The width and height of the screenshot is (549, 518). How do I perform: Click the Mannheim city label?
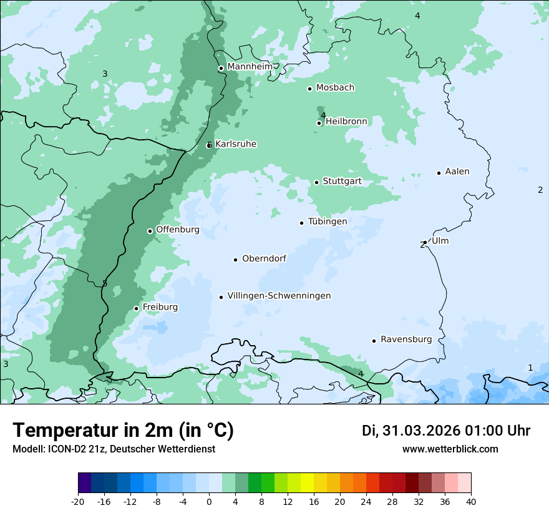pos(250,67)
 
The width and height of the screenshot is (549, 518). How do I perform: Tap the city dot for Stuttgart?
pos(316,182)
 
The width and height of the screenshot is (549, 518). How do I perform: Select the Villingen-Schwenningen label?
pos(279,296)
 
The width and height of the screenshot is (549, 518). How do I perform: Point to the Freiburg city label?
pos(160,307)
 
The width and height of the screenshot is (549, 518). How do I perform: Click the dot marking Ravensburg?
pos(374,341)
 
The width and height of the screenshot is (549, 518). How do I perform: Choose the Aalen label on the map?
pos(457,172)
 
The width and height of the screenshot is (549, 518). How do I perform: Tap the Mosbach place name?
pos(335,88)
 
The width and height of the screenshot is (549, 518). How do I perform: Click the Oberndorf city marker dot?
pos(235,260)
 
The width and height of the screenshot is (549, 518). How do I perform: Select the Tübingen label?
pos(328,222)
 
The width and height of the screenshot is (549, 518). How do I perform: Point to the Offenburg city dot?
pos(150,231)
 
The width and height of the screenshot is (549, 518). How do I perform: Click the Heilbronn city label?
pos(346,122)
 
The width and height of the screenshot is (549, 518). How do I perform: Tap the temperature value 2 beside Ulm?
pos(422,245)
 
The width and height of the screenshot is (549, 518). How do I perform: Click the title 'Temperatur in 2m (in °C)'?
pos(123,431)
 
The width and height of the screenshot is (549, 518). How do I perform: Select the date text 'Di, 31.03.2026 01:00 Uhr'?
pos(446,431)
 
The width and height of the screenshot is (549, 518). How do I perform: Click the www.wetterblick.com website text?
pos(450,449)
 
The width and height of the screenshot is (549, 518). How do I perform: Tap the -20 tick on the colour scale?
pos(78,501)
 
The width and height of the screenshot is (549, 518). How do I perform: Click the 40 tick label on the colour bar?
pos(471,501)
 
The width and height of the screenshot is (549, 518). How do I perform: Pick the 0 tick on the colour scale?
pos(209,501)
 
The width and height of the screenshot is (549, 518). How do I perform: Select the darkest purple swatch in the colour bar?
pos(84,483)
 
